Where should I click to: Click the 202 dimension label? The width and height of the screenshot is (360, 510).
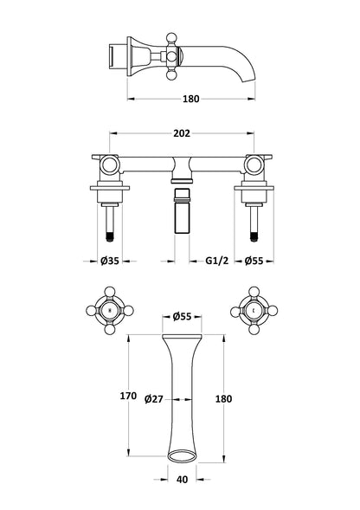(x=182, y=133)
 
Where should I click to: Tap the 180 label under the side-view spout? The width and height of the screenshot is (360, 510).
(x=191, y=99)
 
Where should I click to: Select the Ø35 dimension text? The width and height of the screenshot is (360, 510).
(x=110, y=261)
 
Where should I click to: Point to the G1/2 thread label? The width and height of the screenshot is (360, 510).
(x=217, y=261)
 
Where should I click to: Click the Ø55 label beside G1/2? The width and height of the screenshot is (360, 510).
(x=254, y=261)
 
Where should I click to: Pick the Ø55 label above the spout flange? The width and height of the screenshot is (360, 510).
(x=182, y=316)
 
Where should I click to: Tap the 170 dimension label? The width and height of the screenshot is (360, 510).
(x=128, y=396)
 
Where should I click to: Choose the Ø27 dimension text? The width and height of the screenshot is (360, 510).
(x=153, y=399)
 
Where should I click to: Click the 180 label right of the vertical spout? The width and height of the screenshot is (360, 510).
(x=224, y=399)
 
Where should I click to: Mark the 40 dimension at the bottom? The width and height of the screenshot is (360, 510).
(x=183, y=480)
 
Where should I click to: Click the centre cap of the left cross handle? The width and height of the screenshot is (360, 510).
(x=110, y=311)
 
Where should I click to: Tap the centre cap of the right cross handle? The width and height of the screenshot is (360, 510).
(x=254, y=311)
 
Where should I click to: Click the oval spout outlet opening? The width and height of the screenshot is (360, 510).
(x=182, y=455)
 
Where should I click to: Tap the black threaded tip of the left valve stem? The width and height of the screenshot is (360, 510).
(x=110, y=236)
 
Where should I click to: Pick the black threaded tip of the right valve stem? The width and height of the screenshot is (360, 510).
(x=254, y=236)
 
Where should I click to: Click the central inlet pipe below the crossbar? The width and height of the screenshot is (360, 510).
(x=182, y=210)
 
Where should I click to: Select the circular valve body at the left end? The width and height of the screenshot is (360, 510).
(x=110, y=165)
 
